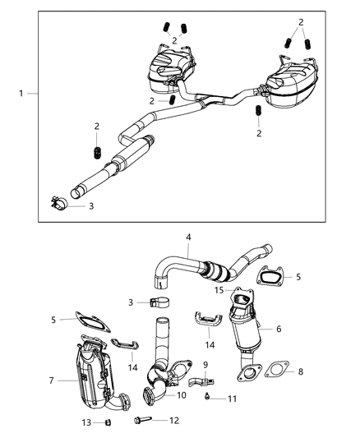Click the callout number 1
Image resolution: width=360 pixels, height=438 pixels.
[21, 95]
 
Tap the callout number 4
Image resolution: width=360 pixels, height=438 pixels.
[187, 237]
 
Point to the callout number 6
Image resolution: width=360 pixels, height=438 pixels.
[279, 329]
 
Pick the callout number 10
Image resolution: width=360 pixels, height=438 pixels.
[182, 395]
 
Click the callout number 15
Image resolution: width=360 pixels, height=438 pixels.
[218, 290]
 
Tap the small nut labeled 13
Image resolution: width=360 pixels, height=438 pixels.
[108, 422]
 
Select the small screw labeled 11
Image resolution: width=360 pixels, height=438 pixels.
[212, 398]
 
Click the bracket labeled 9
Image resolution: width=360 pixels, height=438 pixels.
[202, 382]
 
